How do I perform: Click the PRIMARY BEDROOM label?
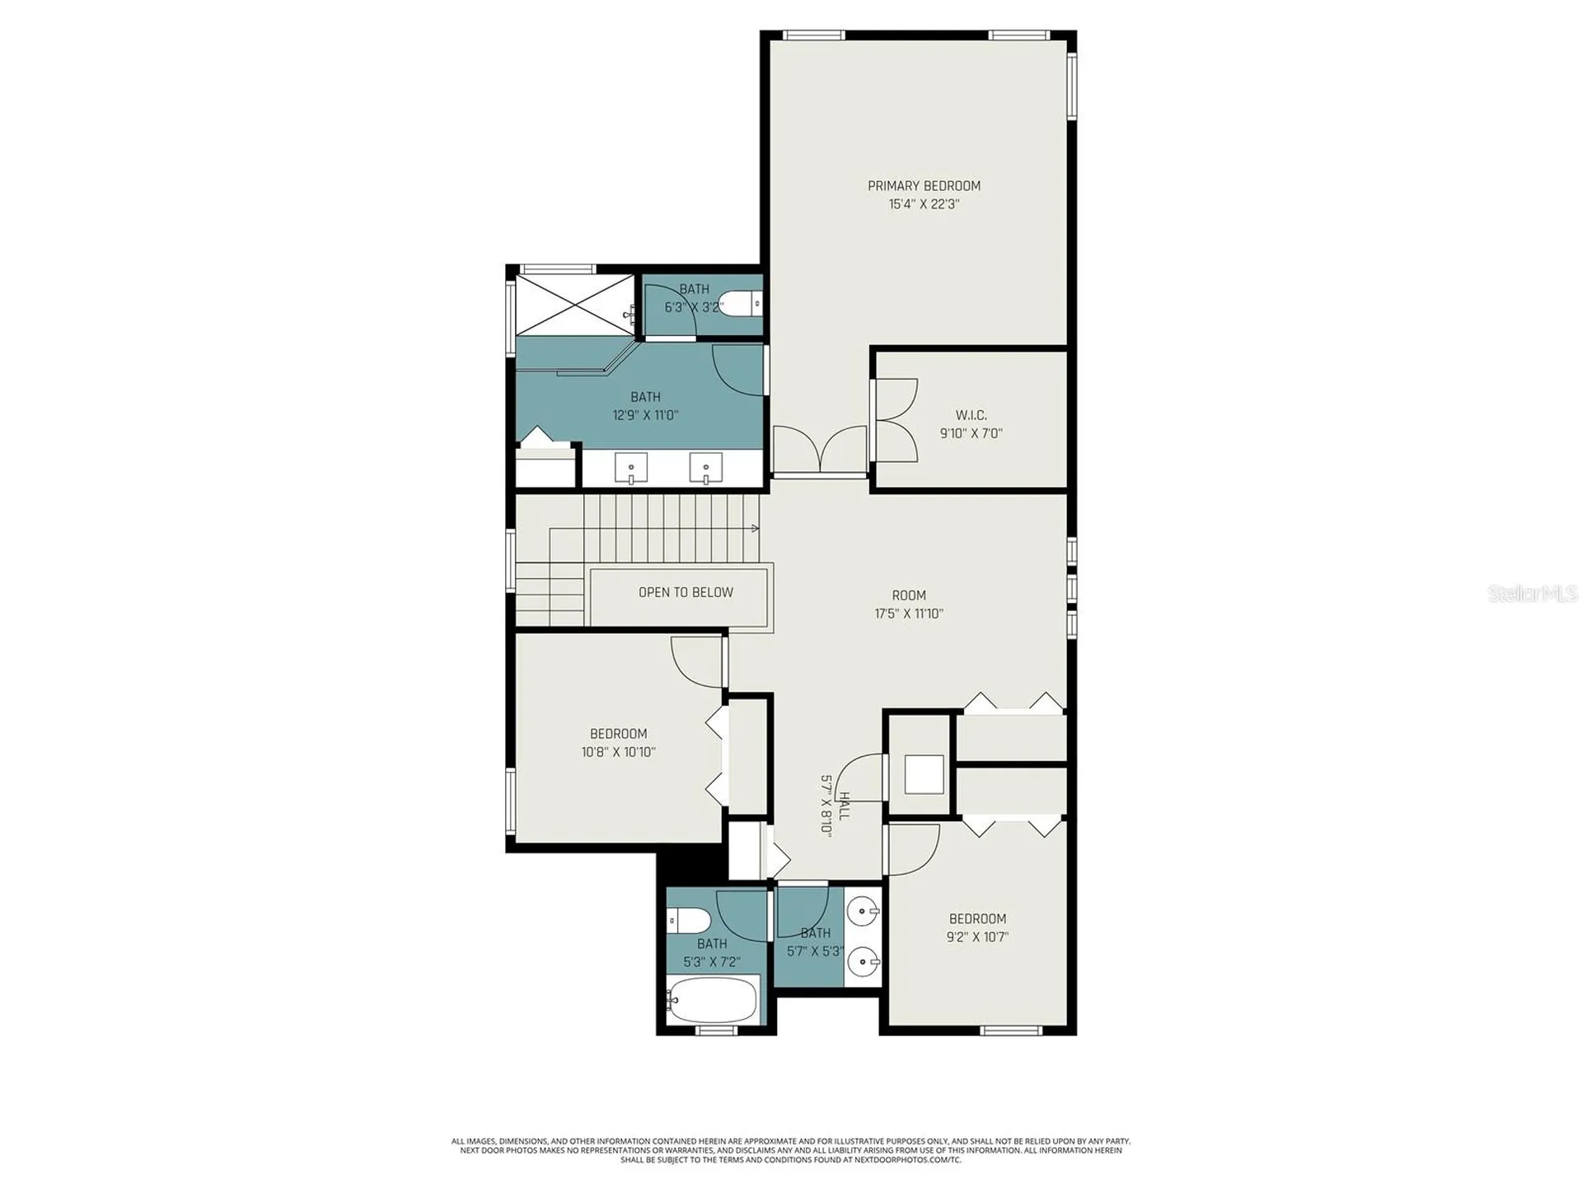point(924,186)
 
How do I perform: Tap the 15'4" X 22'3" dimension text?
point(924,204)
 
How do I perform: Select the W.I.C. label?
point(971,415)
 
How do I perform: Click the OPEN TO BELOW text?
point(686,592)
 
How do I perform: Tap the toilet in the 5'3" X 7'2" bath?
point(689,920)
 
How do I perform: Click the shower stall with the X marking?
point(574,306)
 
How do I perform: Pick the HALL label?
point(844,805)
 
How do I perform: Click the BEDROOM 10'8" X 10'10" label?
point(618,743)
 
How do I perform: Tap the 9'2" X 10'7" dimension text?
point(977,936)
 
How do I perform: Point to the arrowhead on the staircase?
point(755,528)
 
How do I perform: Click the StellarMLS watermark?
point(1533,593)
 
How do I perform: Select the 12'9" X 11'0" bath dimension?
point(645,415)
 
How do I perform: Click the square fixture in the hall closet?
point(924,774)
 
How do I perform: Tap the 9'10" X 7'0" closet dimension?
point(971,433)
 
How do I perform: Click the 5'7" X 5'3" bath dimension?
point(815,951)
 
